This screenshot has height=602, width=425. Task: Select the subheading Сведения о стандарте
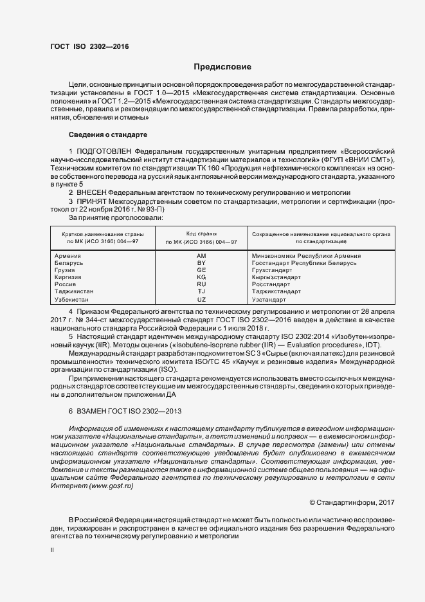tap(108, 135)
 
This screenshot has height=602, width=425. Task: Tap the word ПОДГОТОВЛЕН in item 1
tap(105, 150)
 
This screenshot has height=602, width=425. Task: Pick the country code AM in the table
tap(201, 255)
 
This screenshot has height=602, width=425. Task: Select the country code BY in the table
tap(201, 262)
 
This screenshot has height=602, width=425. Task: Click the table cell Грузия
tap(67, 270)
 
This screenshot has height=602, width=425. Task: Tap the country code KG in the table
tap(201, 277)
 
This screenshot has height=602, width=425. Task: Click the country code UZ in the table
tap(201, 300)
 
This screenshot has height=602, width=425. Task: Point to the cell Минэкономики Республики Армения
tap(306, 255)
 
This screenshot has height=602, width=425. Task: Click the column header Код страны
tap(201, 233)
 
